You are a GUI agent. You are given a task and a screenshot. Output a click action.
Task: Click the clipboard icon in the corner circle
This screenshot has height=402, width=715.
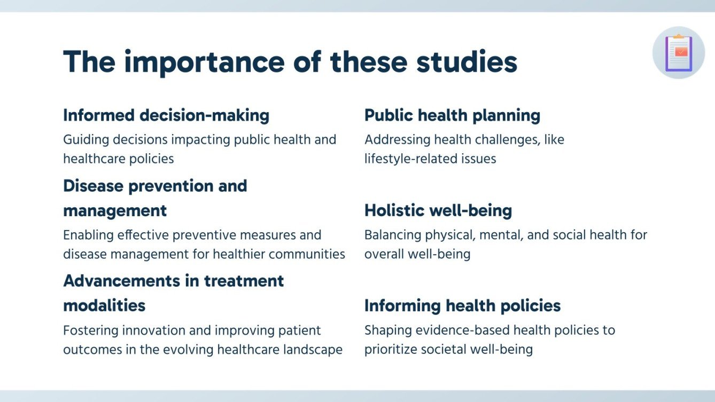click(679, 53)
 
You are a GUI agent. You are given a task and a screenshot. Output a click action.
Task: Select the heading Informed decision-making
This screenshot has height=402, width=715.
click(166, 115)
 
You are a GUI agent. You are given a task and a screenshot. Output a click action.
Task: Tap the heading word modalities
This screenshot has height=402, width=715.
click(104, 305)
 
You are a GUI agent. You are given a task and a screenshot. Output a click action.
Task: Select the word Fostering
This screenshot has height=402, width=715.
click(89, 330)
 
